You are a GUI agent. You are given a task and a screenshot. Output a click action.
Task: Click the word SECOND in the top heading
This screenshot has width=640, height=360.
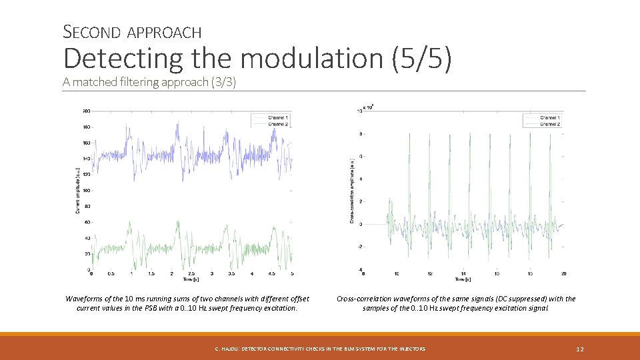point(92,31)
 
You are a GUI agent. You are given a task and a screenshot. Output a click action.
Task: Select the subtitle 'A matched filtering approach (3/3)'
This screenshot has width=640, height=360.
point(149,82)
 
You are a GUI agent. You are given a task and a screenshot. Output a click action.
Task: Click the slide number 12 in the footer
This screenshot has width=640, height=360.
point(579,349)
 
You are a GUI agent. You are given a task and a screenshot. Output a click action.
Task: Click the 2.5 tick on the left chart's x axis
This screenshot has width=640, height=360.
point(191,273)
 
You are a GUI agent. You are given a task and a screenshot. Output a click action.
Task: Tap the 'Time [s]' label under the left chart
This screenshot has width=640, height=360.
point(191,279)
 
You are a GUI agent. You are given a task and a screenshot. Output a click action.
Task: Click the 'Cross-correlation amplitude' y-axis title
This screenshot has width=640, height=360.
point(351,190)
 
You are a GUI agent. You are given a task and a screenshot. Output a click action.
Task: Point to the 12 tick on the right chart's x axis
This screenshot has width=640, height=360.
point(430,273)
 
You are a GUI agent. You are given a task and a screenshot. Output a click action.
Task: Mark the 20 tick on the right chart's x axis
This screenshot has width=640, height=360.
point(563,273)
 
